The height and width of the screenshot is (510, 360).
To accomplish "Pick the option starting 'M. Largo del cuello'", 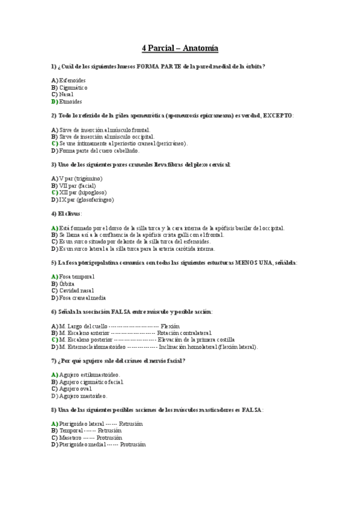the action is click(x=84, y=325).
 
